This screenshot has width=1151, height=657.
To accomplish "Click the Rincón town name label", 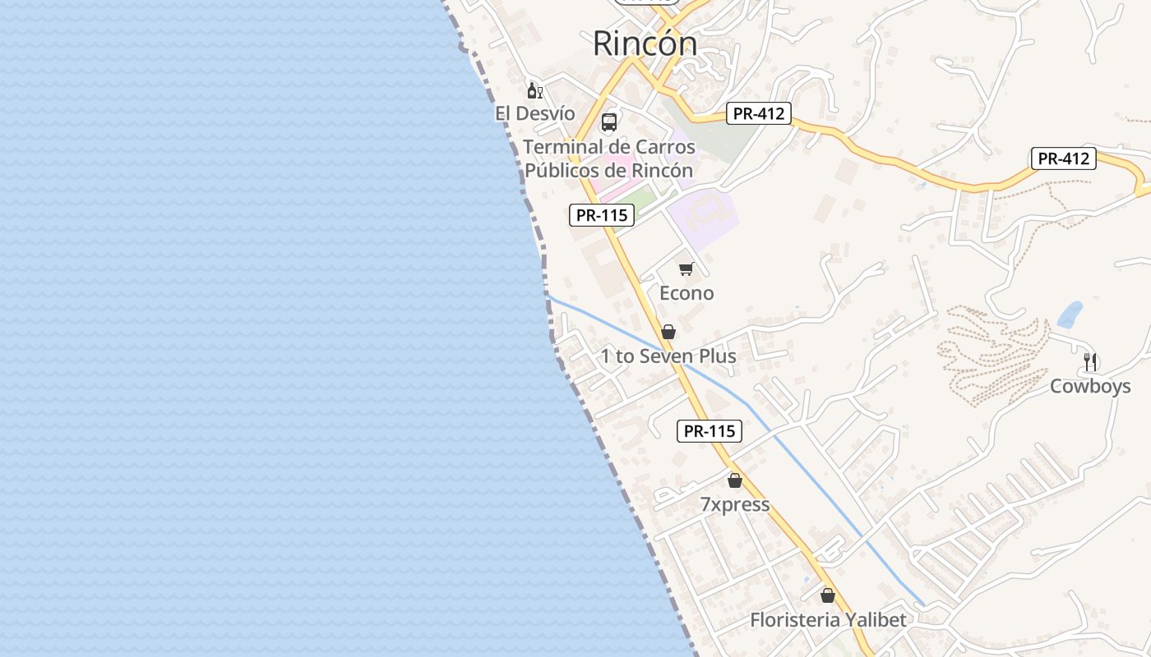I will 645,44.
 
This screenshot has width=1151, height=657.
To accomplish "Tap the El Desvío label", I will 534,113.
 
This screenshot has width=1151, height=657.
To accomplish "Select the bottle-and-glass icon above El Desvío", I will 534,90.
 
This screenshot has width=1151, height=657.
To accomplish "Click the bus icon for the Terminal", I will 609,122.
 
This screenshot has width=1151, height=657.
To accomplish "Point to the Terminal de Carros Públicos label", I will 609,159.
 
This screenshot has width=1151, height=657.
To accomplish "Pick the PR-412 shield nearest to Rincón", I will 758,113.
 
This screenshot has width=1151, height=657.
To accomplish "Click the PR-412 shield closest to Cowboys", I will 1064,159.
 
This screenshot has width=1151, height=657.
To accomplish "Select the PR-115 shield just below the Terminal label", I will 602,215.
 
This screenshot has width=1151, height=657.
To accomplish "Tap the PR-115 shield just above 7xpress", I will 710,431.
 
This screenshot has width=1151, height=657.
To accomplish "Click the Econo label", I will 686,293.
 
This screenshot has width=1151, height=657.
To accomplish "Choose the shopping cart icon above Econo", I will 686,269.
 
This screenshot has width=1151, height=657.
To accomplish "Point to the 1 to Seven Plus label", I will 668,356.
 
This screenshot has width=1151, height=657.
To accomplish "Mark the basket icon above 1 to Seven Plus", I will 668,332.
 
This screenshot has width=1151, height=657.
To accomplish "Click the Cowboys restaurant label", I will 1090,386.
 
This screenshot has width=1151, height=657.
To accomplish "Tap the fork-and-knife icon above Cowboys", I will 1090,361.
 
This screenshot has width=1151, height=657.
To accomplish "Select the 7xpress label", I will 735,504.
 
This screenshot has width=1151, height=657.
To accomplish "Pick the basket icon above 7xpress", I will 735,480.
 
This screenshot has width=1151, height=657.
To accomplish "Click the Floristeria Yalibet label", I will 828,620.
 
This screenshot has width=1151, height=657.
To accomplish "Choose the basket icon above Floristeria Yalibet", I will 828,595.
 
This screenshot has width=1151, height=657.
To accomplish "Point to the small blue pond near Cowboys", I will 1070,315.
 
